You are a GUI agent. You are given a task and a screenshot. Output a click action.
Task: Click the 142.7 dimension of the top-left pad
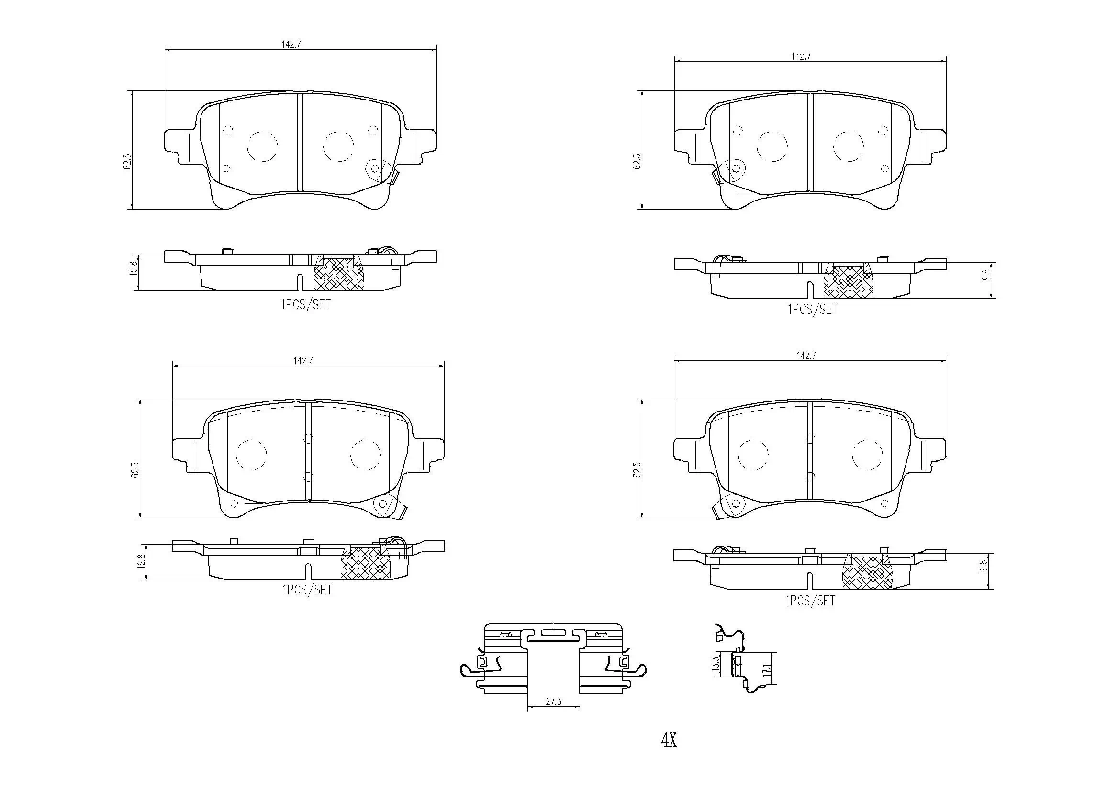291,45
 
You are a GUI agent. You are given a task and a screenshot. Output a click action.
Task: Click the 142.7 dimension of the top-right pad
800,56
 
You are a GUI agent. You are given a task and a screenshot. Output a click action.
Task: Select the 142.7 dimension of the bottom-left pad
302,361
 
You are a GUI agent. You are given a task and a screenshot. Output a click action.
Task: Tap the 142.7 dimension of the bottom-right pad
806,356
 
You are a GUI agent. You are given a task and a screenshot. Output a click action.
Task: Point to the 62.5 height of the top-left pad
128,161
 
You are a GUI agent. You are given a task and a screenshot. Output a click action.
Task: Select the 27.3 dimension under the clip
553,702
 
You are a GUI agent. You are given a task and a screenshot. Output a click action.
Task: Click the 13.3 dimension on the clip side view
716,664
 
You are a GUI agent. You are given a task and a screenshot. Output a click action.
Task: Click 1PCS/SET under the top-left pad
305,305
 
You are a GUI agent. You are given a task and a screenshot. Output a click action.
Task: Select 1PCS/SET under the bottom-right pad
809,601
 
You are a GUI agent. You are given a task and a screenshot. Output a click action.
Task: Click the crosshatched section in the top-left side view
338,274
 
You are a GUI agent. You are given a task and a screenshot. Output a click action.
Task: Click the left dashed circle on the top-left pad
263,146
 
